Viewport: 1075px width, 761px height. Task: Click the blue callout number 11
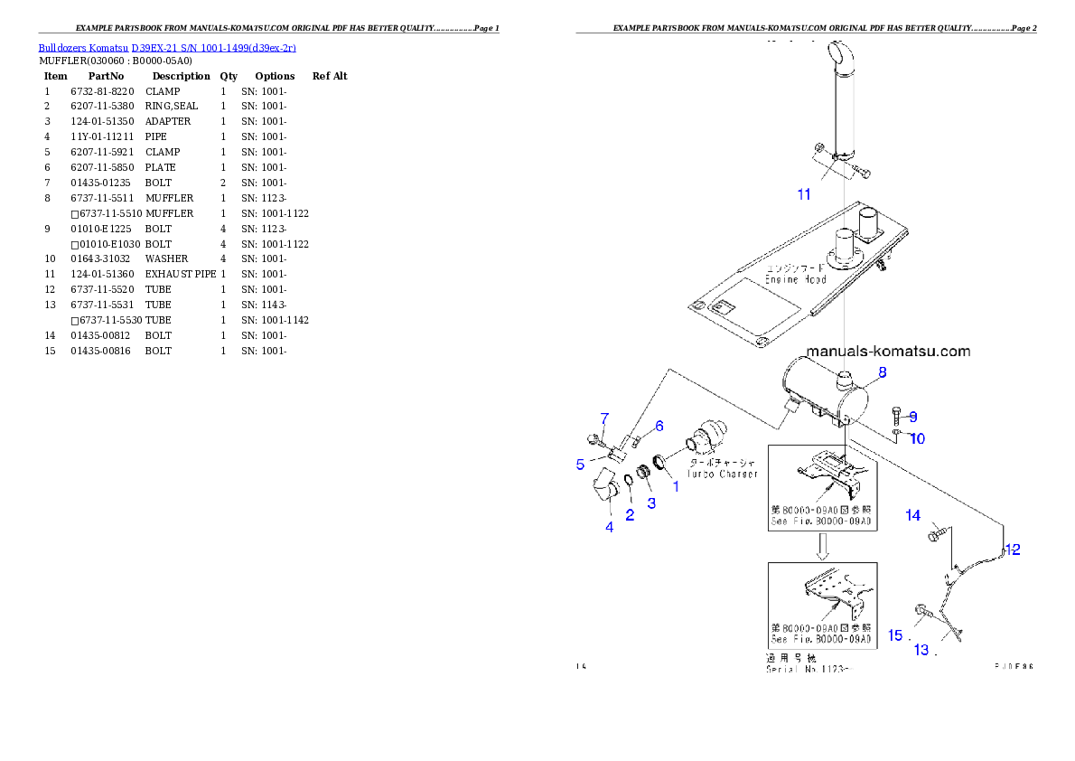pos(804,194)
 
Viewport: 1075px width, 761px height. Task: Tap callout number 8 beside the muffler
pos(882,371)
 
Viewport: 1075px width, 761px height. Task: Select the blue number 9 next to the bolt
pos(913,417)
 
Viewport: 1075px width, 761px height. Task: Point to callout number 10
pos(917,439)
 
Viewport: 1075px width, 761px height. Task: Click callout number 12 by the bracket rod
pos(1013,550)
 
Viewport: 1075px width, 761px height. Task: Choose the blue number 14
pos(913,515)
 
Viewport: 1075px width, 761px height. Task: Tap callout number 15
pos(895,635)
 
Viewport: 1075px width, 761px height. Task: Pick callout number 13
pos(921,650)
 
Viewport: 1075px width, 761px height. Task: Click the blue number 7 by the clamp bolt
pos(604,418)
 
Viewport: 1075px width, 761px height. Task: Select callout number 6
pos(659,426)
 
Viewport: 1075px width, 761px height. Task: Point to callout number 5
pos(580,465)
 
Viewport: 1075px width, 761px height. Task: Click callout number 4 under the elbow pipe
pos(610,527)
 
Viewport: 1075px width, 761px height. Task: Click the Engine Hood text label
pos(796,274)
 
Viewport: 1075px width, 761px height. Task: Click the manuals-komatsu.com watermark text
pos(887,352)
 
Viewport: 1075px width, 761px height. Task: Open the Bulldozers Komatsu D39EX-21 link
pos(167,47)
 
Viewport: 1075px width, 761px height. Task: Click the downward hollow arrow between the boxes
pos(822,546)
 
